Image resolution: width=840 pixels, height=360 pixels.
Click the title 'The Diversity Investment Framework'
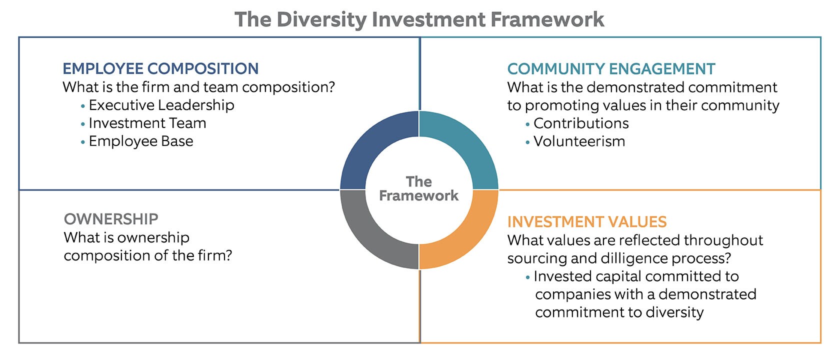(419, 19)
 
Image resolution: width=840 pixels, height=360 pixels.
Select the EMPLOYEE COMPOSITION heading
(160, 68)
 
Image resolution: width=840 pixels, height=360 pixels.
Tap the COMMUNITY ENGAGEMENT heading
(611, 69)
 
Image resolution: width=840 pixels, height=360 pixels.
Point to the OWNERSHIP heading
(111, 219)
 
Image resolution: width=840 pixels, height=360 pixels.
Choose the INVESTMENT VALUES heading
(587, 222)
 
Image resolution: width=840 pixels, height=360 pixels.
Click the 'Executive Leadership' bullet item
(161, 105)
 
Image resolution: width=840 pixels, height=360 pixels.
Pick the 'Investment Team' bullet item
(147, 123)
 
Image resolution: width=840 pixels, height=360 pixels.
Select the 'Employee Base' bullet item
(141, 141)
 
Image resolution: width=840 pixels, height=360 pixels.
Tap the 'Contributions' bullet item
(581, 123)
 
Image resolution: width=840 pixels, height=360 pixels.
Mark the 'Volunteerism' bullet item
(579, 141)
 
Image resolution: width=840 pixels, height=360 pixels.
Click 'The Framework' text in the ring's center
(419, 188)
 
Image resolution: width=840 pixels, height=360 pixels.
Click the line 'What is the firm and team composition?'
(199, 87)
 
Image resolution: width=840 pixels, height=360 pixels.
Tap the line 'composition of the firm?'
(148, 256)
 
